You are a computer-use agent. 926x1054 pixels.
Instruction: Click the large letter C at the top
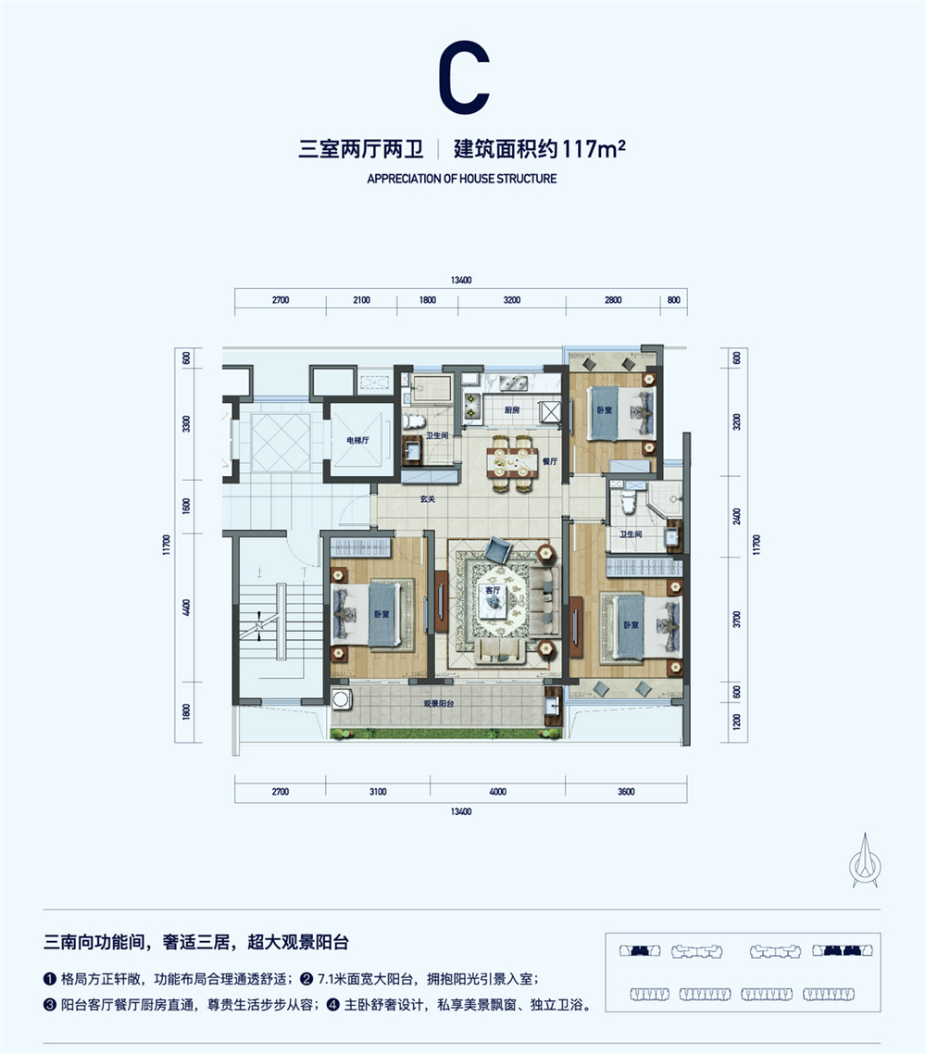click(x=464, y=77)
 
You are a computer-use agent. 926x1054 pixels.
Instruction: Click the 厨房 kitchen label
click(x=512, y=410)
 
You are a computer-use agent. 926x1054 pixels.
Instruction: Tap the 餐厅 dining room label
click(x=550, y=461)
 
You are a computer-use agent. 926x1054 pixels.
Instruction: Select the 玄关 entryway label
click(x=428, y=499)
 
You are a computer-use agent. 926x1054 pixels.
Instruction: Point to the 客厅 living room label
click(x=494, y=590)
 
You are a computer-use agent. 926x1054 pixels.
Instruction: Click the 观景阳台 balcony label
click(x=438, y=703)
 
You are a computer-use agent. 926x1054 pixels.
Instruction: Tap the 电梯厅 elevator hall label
click(x=357, y=440)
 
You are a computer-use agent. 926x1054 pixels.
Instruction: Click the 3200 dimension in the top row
click(x=512, y=300)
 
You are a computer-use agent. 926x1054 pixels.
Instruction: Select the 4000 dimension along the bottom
click(x=498, y=792)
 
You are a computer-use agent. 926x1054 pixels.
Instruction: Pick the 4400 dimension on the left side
click(x=187, y=608)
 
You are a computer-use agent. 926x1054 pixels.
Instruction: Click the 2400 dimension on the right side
click(x=737, y=517)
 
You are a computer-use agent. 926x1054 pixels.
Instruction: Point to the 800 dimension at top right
click(x=674, y=300)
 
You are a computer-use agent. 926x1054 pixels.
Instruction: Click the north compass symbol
click(x=865, y=861)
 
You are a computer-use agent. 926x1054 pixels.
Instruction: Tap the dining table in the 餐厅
click(x=512, y=462)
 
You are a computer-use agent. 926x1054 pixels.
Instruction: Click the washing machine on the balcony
click(x=342, y=699)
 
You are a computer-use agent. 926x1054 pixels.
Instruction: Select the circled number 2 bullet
click(x=307, y=979)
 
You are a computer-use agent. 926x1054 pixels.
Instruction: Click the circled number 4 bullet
click(x=333, y=1005)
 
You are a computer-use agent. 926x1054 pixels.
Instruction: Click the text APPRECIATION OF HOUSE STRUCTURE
click(x=462, y=179)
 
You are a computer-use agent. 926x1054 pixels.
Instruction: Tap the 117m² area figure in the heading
click(x=594, y=148)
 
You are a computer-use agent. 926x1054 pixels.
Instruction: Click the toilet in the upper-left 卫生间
click(x=415, y=420)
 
